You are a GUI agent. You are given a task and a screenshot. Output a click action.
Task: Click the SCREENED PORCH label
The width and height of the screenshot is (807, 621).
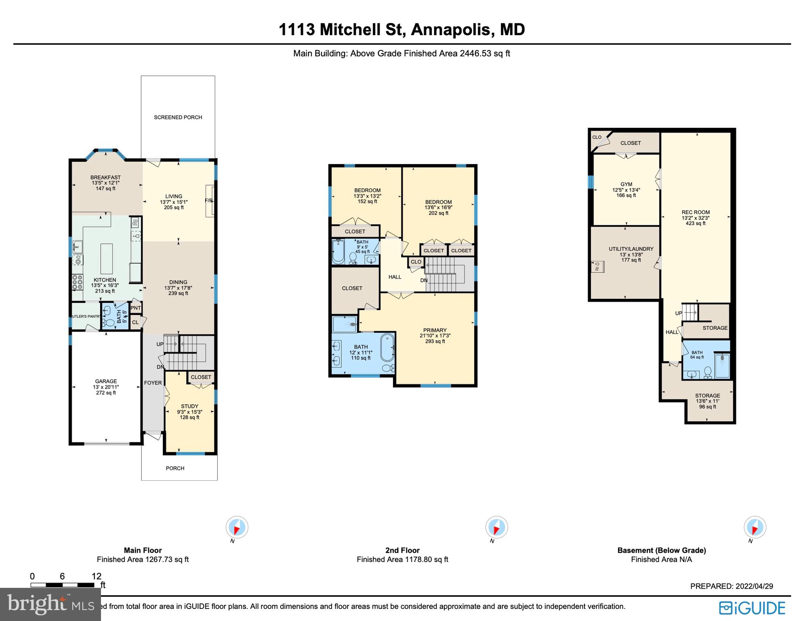pyautogui.click(x=178, y=117)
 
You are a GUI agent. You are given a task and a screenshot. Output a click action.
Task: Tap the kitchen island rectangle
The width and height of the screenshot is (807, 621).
pyautogui.click(x=107, y=259)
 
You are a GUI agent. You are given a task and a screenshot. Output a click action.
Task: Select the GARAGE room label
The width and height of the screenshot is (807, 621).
pyautogui.click(x=106, y=381)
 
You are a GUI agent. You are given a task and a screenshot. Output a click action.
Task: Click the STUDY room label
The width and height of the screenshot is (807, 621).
pyautogui.click(x=189, y=406)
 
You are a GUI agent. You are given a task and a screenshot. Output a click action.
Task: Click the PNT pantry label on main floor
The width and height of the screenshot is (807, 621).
pyautogui.click(x=136, y=308)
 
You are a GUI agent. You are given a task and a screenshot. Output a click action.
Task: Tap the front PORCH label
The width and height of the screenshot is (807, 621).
pyautogui.click(x=175, y=468)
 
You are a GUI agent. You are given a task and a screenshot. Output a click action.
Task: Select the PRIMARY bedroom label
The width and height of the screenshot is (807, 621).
pyautogui.click(x=435, y=330)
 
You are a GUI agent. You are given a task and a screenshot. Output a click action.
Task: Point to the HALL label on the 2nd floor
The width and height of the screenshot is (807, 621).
pyautogui.click(x=395, y=277)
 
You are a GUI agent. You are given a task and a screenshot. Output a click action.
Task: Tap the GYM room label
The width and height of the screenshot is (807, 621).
pyautogui.click(x=626, y=184)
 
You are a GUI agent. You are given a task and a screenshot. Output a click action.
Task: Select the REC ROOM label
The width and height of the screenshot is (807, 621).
pyautogui.click(x=696, y=212)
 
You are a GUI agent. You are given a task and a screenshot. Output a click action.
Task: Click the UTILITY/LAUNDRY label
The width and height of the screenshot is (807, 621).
pyautogui.click(x=631, y=249)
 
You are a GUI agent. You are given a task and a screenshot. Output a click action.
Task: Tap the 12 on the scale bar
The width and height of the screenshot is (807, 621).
pyautogui.click(x=96, y=576)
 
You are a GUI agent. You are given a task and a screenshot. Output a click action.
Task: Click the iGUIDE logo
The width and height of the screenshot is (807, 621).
pyautogui.click(x=752, y=608)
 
